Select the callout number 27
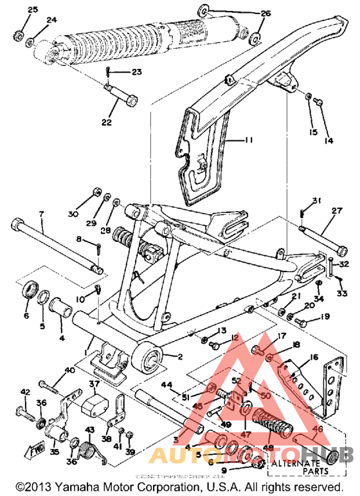(x=337, y=210)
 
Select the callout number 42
(x=24, y=392)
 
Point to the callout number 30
(x=73, y=214)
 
